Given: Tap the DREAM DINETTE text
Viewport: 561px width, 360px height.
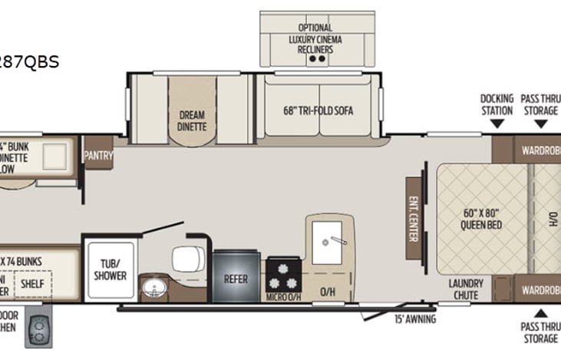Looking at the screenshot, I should click(191, 121).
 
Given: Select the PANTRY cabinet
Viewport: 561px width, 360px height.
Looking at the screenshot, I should click(98, 157).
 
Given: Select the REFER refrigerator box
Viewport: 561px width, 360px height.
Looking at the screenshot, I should click(236, 279).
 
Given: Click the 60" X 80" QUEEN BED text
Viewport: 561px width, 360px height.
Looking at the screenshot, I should click(481, 219).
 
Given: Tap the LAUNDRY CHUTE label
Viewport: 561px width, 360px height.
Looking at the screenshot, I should click(465, 289).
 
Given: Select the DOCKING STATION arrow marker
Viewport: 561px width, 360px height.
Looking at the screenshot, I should click(497, 125).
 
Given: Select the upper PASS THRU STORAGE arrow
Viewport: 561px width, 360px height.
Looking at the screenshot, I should click(540, 125).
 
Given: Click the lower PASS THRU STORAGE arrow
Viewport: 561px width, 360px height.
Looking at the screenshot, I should click(540, 313).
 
